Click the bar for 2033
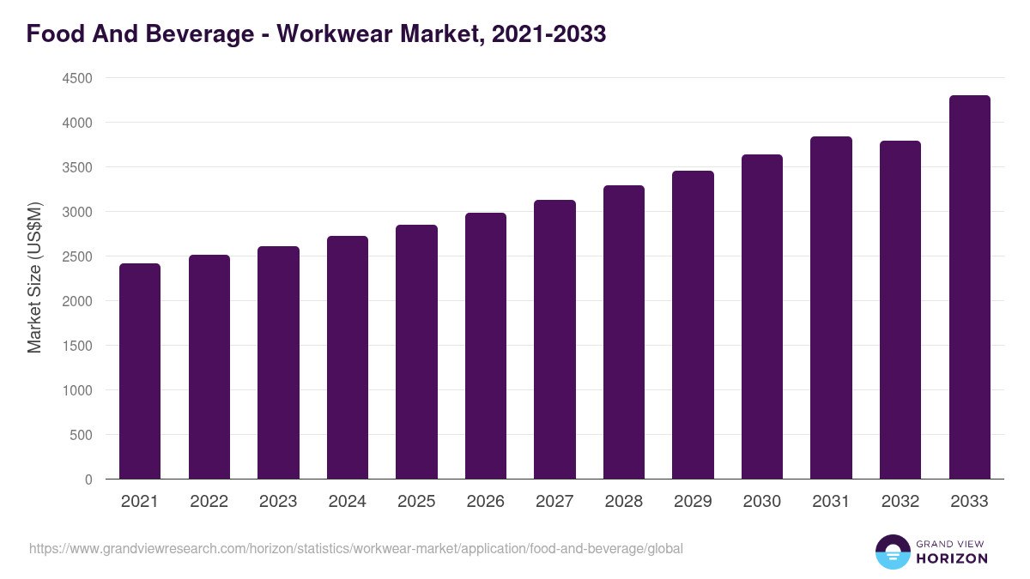(970, 286)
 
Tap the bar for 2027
(554, 339)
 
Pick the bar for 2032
(900, 310)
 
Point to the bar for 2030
(762, 317)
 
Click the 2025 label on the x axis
(416, 502)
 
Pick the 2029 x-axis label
(693, 502)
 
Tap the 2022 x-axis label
(209, 502)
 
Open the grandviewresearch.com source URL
(356, 548)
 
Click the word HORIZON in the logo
(953, 558)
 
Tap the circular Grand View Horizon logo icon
(893, 552)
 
